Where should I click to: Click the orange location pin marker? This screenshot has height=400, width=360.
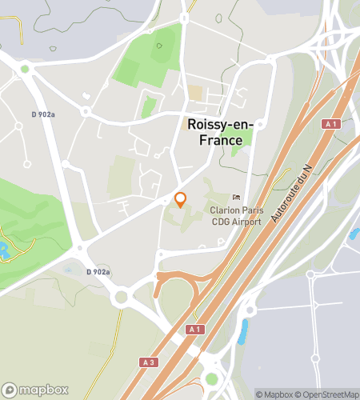[180, 199]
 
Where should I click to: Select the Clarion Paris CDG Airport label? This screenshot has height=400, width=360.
[235, 216]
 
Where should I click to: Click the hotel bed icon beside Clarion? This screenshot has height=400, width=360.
[235, 198]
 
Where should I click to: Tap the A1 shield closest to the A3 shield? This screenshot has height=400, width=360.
[193, 330]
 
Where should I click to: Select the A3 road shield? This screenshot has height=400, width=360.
[148, 362]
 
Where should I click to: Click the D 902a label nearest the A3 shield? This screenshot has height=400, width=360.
[98, 272]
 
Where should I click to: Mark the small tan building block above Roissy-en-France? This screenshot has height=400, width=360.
[196, 94]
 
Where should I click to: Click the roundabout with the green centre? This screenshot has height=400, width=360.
[211, 378]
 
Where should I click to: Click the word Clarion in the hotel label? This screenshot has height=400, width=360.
[223, 211]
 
